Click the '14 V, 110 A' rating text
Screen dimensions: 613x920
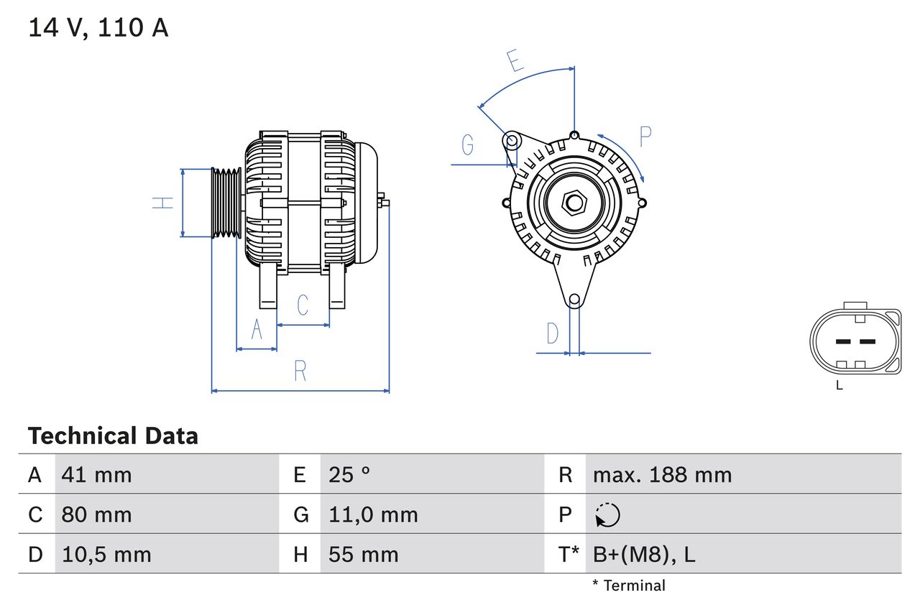(x=98, y=27)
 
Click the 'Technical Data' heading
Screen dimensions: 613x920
(x=113, y=436)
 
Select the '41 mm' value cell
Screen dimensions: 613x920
(x=97, y=474)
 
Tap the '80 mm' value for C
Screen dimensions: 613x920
(x=97, y=515)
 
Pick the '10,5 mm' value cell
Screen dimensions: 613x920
(x=106, y=554)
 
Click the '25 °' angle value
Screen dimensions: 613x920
(x=349, y=474)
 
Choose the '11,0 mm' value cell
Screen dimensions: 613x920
(x=373, y=515)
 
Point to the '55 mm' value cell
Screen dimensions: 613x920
(x=363, y=554)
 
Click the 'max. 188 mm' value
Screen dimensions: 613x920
(x=662, y=474)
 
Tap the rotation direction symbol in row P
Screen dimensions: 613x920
(x=607, y=515)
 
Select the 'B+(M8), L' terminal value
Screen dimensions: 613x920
(x=643, y=554)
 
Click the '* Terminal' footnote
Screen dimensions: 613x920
(x=629, y=586)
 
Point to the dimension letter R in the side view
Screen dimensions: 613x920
(x=300, y=372)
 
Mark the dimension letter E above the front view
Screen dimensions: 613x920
(x=515, y=61)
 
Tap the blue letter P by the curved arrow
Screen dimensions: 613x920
(x=645, y=136)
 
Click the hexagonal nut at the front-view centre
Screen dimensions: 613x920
(x=574, y=203)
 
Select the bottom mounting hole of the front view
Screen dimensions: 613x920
(x=574, y=300)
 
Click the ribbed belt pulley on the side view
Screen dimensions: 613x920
(x=226, y=203)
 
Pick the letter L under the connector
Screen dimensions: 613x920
(x=839, y=386)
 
